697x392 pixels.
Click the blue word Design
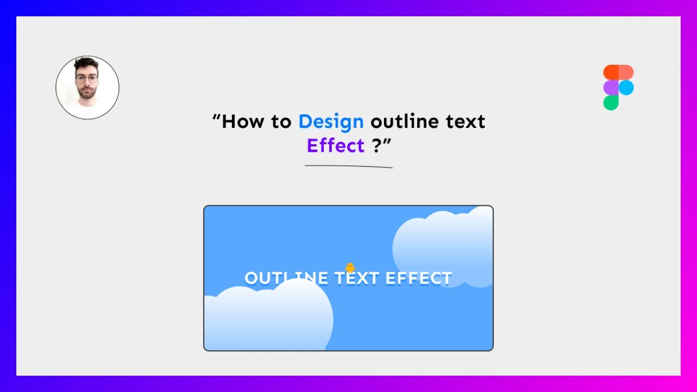(331, 121)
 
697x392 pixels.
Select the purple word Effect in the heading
(335, 146)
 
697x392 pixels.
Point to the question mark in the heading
(377, 146)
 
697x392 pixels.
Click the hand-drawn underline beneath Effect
(348, 166)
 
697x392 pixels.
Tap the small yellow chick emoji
(350, 267)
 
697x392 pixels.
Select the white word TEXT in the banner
(357, 278)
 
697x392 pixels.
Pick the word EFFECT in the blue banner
(419, 278)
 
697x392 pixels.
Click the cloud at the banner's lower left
(267, 318)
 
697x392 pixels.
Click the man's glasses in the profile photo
(87, 79)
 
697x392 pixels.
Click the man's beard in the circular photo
(87, 94)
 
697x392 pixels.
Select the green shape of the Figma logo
(611, 102)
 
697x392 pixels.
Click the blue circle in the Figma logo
(626, 87)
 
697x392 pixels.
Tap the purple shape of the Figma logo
(611, 87)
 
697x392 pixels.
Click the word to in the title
(282, 121)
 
